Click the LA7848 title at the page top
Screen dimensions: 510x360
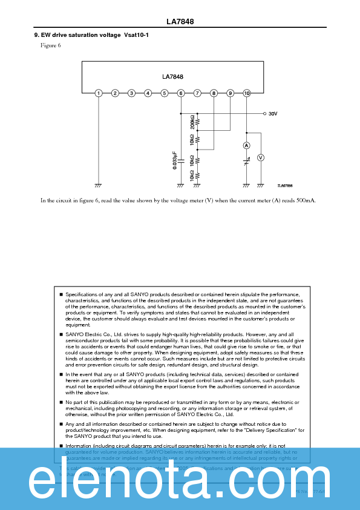click(180, 22)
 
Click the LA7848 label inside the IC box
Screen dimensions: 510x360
click(172, 77)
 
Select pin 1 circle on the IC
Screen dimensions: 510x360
click(99, 93)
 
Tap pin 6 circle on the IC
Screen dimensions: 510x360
click(181, 93)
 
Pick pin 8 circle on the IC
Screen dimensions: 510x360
click(214, 93)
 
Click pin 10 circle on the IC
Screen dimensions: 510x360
click(246, 93)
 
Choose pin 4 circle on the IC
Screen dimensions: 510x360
click(148, 93)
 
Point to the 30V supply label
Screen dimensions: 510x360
click(273, 113)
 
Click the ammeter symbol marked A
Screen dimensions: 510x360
click(246, 146)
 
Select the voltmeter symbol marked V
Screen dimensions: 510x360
click(261, 157)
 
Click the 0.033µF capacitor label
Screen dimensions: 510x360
click(174, 160)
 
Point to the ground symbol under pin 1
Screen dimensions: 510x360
click(99, 184)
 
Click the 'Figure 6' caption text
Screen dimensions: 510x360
click(51, 45)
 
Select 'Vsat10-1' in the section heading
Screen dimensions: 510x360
click(136, 35)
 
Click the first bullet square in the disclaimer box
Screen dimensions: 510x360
click(61, 294)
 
